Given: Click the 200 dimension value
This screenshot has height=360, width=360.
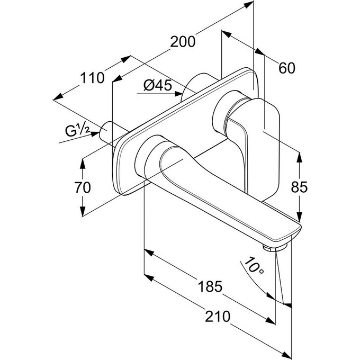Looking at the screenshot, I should pos(183,41).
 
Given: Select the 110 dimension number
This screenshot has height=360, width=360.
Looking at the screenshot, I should pos(92,78).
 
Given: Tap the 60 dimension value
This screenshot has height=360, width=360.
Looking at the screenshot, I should pos(286,68).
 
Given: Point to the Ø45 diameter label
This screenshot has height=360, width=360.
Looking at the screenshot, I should pos(158,85).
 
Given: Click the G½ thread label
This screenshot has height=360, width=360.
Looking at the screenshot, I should pos(77,129).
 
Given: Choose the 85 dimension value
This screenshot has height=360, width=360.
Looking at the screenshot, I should pos(300,186).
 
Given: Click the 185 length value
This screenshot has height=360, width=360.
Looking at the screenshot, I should pos(210,287).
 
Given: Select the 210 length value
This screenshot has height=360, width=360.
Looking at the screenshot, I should pos(218,317).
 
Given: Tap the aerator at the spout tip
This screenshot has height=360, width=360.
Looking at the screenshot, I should pos(270,248).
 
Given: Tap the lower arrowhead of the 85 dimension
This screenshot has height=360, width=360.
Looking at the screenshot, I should pos(300,217).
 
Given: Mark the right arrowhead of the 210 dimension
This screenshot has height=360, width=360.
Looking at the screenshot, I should pos(288,352).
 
